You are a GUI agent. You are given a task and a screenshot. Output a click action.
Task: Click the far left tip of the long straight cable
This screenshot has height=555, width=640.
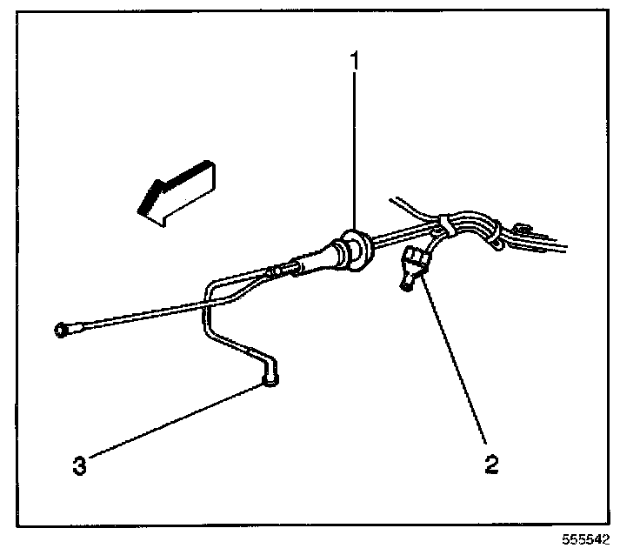tap(61, 330)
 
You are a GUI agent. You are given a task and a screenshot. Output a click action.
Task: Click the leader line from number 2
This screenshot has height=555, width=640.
tap(456, 365)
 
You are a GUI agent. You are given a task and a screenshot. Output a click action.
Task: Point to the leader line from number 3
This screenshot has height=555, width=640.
tap(174, 422)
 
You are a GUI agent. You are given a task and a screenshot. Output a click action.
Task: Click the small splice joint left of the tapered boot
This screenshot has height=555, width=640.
tap(278, 271)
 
